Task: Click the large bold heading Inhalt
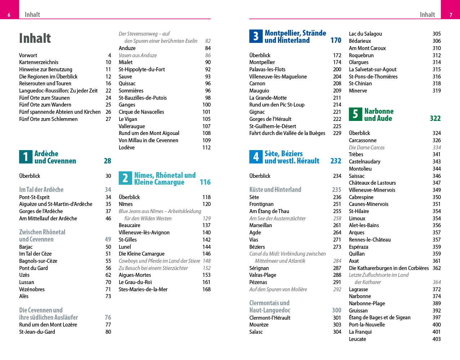(x=35, y=38)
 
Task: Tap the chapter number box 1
(x=26, y=157)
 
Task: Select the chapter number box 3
(x=256, y=36)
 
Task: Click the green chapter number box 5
(x=356, y=114)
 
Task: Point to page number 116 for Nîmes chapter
(x=205, y=182)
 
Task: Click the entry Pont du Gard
(x=34, y=268)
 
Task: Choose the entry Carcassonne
(x=363, y=140)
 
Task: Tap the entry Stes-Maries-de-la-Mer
(x=143, y=289)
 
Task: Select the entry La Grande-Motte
(x=268, y=98)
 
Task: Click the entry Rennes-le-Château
(x=370, y=240)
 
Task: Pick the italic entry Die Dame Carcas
(x=367, y=148)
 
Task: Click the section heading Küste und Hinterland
(x=275, y=190)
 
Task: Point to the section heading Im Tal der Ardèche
(x=41, y=190)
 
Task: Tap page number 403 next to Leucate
(x=437, y=339)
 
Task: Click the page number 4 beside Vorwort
(x=110, y=55)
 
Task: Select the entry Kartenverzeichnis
(x=39, y=62)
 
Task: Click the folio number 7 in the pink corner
(x=451, y=15)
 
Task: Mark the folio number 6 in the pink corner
(x=9, y=15)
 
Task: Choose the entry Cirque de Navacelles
(x=141, y=112)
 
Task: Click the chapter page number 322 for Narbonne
(x=435, y=118)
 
